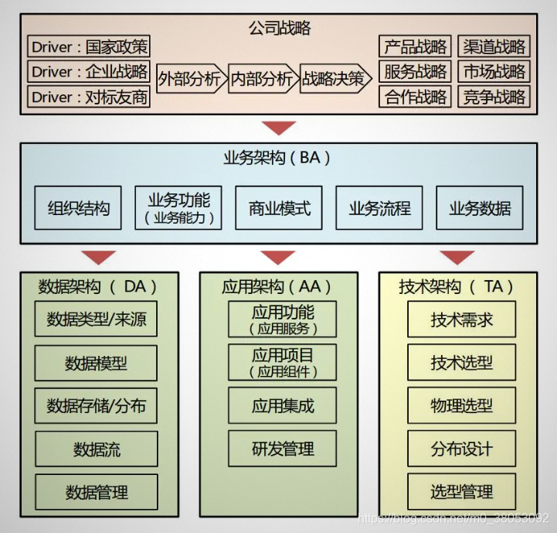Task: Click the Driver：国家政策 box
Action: point(90,46)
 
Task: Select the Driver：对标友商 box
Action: point(90,97)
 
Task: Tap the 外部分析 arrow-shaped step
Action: point(190,79)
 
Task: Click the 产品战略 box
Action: point(415,46)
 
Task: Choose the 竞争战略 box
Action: point(494,97)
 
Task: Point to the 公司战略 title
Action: point(279,29)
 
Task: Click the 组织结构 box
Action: point(78,208)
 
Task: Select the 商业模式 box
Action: point(279,208)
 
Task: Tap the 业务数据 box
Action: point(480,208)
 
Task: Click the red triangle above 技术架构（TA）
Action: point(458,258)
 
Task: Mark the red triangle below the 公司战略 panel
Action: point(279,128)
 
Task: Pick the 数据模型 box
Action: point(96,362)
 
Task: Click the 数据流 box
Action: point(96,449)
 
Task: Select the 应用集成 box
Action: point(282,405)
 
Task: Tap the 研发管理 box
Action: point(282,449)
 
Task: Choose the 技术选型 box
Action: point(461,362)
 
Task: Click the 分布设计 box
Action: point(461,449)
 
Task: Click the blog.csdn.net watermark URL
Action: point(455,518)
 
